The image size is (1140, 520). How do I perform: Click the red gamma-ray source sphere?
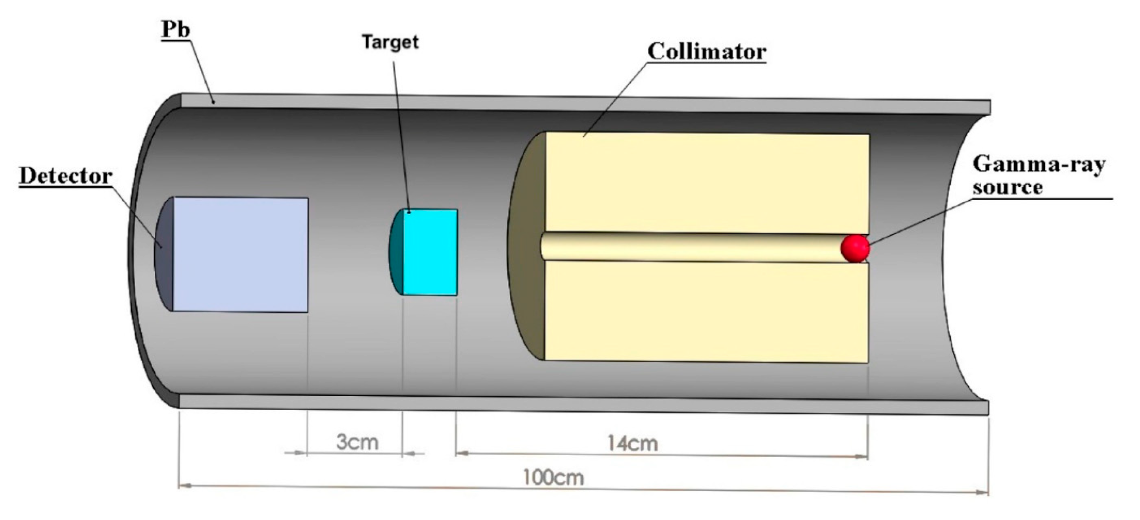[855, 248]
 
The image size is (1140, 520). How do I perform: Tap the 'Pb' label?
[176, 30]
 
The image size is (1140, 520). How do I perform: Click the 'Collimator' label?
[706, 52]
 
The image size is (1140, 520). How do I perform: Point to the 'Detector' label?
[65, 176]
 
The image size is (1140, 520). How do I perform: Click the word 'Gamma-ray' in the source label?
[1039, 165]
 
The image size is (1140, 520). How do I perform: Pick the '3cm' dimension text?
[357, 442]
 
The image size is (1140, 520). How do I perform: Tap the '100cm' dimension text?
[553, 478]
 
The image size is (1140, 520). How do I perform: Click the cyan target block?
[430, 252]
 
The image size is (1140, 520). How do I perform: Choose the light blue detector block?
[240, 255]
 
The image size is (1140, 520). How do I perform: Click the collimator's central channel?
[690, 247]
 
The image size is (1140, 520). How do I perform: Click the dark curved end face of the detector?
[163, 255]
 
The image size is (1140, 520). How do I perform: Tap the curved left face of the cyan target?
[395, 252]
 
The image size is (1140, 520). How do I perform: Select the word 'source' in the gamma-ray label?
[1008, 187]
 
